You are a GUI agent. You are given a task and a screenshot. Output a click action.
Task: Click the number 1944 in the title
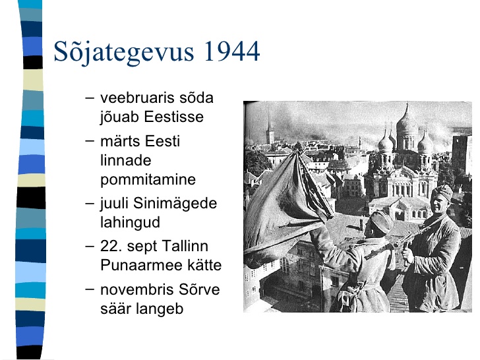click(x=231, y=51)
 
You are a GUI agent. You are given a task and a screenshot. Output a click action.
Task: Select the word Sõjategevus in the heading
click(x=124, y=51)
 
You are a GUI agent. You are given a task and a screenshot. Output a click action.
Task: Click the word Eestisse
click(x=173, y=117)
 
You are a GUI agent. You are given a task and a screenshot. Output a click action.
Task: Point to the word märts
click(x=120, y=141)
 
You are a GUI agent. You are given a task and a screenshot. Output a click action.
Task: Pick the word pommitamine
click(x=148, y=180)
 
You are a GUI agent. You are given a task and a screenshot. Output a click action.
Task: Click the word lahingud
click(x=130, y=223)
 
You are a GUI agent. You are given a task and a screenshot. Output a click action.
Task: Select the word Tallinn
click(x=185, y=246)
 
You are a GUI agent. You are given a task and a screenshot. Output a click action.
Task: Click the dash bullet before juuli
click(x=90, y=203)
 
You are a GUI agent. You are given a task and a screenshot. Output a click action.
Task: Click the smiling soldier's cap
click(x=442, y=192)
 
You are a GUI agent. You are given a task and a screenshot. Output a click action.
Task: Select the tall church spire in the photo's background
click(x=270, y=129)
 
